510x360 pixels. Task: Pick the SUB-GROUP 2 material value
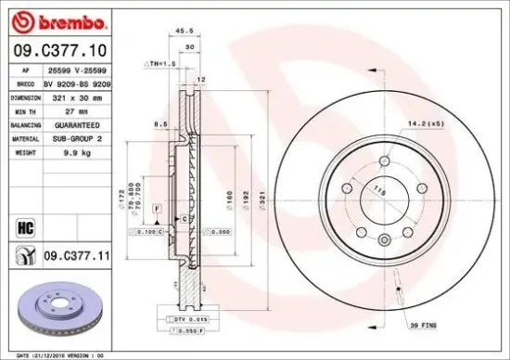pyautogui.click(x=75, y=137)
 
